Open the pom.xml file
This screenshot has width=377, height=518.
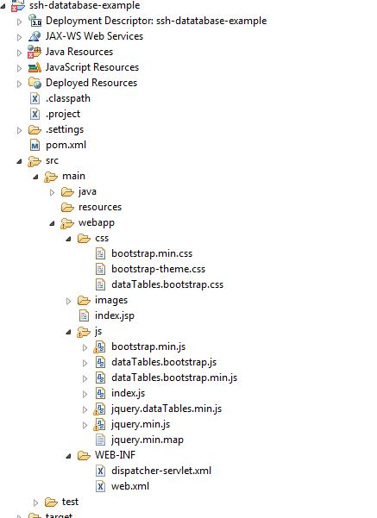(66, 145)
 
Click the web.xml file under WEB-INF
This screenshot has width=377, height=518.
(130, 486)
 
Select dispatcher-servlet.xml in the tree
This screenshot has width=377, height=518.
(161, 471)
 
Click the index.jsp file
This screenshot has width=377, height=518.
(115, 315)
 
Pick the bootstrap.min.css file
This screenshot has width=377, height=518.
(152, 253)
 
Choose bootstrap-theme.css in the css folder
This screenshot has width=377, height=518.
(158, 269)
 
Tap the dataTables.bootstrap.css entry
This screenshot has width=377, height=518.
(167, 284)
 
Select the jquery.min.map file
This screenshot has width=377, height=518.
(148, 440)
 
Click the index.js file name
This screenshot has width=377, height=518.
(128, 393)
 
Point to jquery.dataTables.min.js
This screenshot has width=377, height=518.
(167, 409)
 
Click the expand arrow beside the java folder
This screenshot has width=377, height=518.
(52, 192)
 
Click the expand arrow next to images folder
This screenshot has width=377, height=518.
(68, 301)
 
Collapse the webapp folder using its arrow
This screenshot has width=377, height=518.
(52, 223)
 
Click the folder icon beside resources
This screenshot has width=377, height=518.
(67, 207)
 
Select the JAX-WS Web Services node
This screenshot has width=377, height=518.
(94, 36)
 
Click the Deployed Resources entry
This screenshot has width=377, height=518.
(91, 83)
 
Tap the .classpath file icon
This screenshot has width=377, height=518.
(35, 98)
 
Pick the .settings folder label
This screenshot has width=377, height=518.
(65, 129)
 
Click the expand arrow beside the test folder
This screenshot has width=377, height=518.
(35, 502)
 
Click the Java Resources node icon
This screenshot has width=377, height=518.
(35, 52)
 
